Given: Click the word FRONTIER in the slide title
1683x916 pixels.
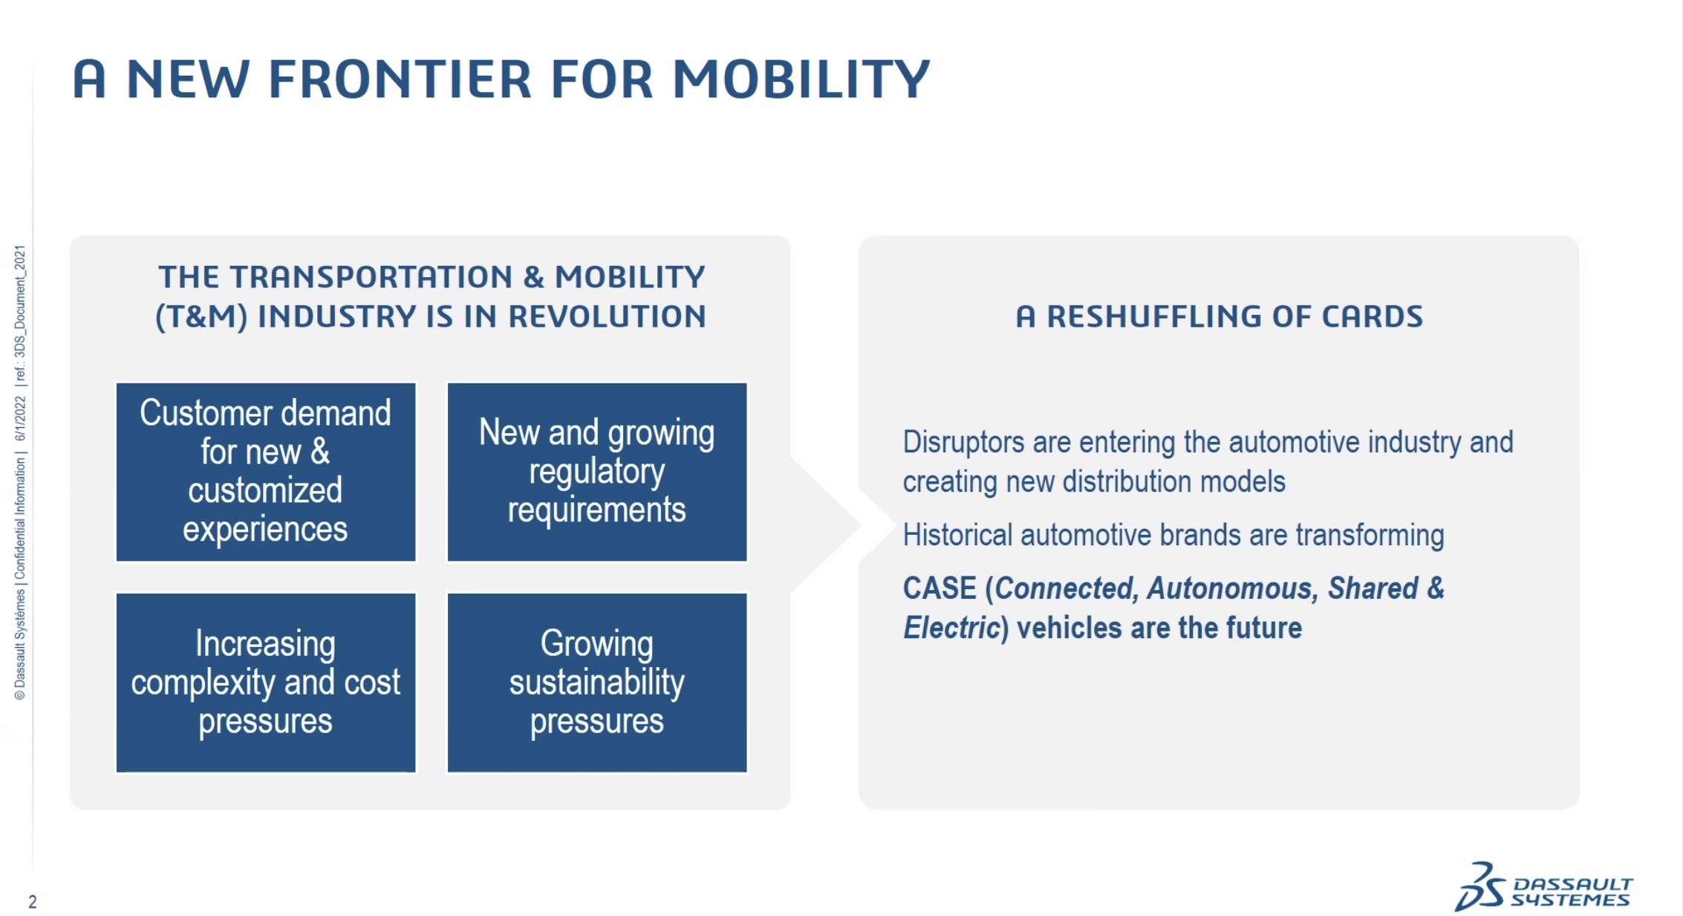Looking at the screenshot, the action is (x=400, y=79).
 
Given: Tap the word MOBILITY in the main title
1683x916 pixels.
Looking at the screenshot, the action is (x=801, y=79).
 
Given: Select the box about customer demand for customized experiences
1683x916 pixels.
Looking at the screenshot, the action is (x=266, y=472).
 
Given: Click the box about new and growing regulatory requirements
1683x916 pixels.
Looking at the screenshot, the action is (x=597, y=472).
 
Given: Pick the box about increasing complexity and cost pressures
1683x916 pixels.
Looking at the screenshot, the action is (x=266, y=683).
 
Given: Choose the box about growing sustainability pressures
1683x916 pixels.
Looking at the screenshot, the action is (x=597, y=683).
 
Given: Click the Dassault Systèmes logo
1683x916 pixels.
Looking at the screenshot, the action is (x=1543, y=887).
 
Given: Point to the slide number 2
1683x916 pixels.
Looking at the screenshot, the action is (x=33, y=902).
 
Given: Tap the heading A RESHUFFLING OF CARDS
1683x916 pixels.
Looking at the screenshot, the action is (x=1219, y=316).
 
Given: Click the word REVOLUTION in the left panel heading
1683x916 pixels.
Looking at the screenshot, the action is (x=607, y=316).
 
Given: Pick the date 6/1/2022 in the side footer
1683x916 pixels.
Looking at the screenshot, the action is (x=20, y=419).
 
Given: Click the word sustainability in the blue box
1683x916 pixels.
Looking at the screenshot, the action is (x=597, y=683).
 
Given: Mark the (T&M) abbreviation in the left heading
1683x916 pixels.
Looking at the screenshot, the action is (x=201, y=316).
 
